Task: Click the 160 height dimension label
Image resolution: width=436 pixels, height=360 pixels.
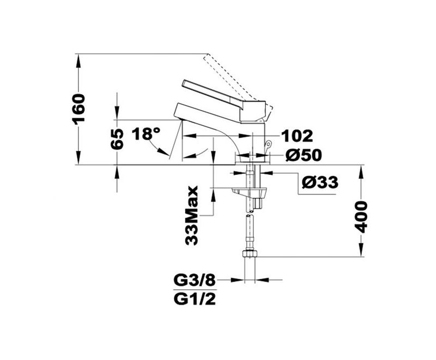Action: click(78, 109)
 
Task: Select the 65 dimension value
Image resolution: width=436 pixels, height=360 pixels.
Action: click(117, 139)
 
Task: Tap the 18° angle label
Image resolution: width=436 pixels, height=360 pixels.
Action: click(146, 134)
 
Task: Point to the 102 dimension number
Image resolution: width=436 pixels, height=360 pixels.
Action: click(297, 136)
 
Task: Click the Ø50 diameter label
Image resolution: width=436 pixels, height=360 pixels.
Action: click(304, 155)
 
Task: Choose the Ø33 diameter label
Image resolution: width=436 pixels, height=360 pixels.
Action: click(320, 182)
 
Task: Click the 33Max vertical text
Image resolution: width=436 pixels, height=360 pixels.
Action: click(192, 216)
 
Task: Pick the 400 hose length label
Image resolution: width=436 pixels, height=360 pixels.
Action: click(361, 217)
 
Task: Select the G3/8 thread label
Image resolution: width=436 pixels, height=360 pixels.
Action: click(195, 281)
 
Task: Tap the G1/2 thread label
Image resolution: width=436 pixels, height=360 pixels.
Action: click(195, 299)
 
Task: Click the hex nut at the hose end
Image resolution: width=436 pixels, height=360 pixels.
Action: click(250, 254)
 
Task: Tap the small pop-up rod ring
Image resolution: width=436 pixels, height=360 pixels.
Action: click(268, 144)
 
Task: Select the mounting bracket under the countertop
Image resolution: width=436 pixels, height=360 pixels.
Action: click(250, 192)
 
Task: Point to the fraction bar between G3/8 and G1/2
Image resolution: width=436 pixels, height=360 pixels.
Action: click(195, 290)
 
